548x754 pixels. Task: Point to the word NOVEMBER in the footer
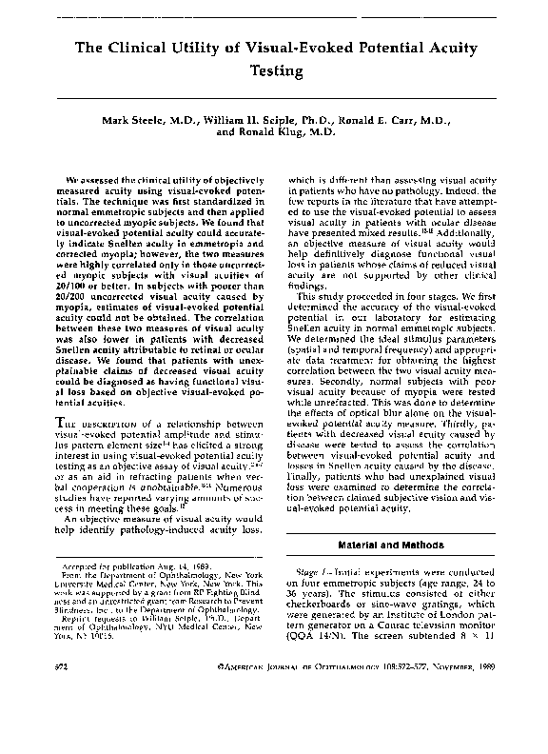(x=440, y=724)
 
